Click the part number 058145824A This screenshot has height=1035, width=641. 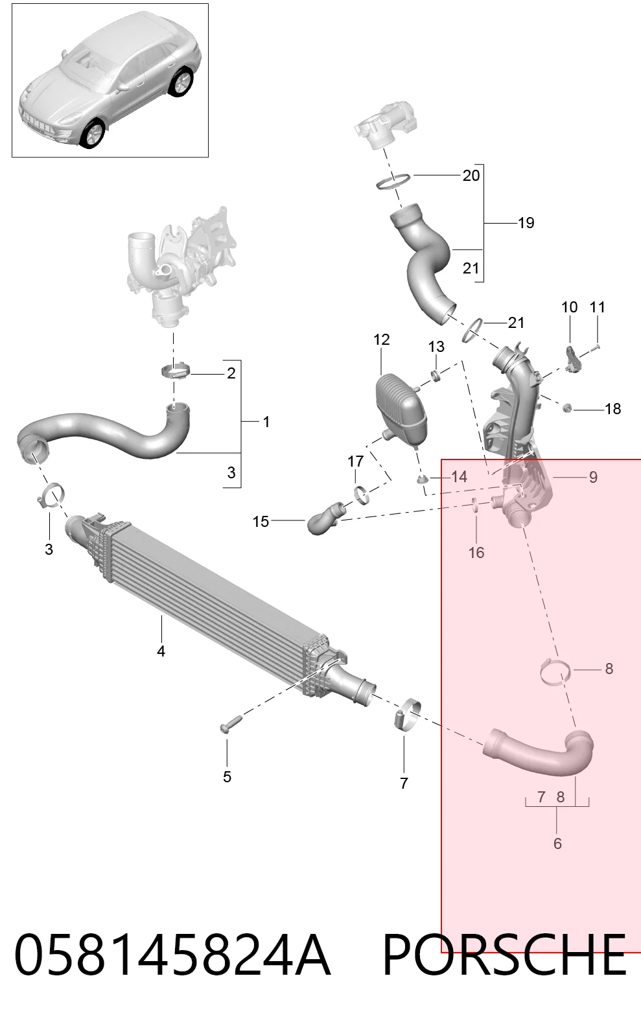coord(172,955)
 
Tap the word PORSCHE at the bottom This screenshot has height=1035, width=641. coord(504,955)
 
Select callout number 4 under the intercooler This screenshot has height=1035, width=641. coord(161,651)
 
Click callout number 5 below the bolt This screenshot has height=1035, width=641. coord(227,776)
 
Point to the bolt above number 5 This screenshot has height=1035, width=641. coord(231,724)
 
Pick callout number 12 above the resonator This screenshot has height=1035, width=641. coord(382,340)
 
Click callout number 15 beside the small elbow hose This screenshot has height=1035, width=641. coord(261,522)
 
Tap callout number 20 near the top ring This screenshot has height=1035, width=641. coord(471,176)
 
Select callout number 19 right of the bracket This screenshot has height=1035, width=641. coord(526,223)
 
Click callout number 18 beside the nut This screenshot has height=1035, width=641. coord(613,409)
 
